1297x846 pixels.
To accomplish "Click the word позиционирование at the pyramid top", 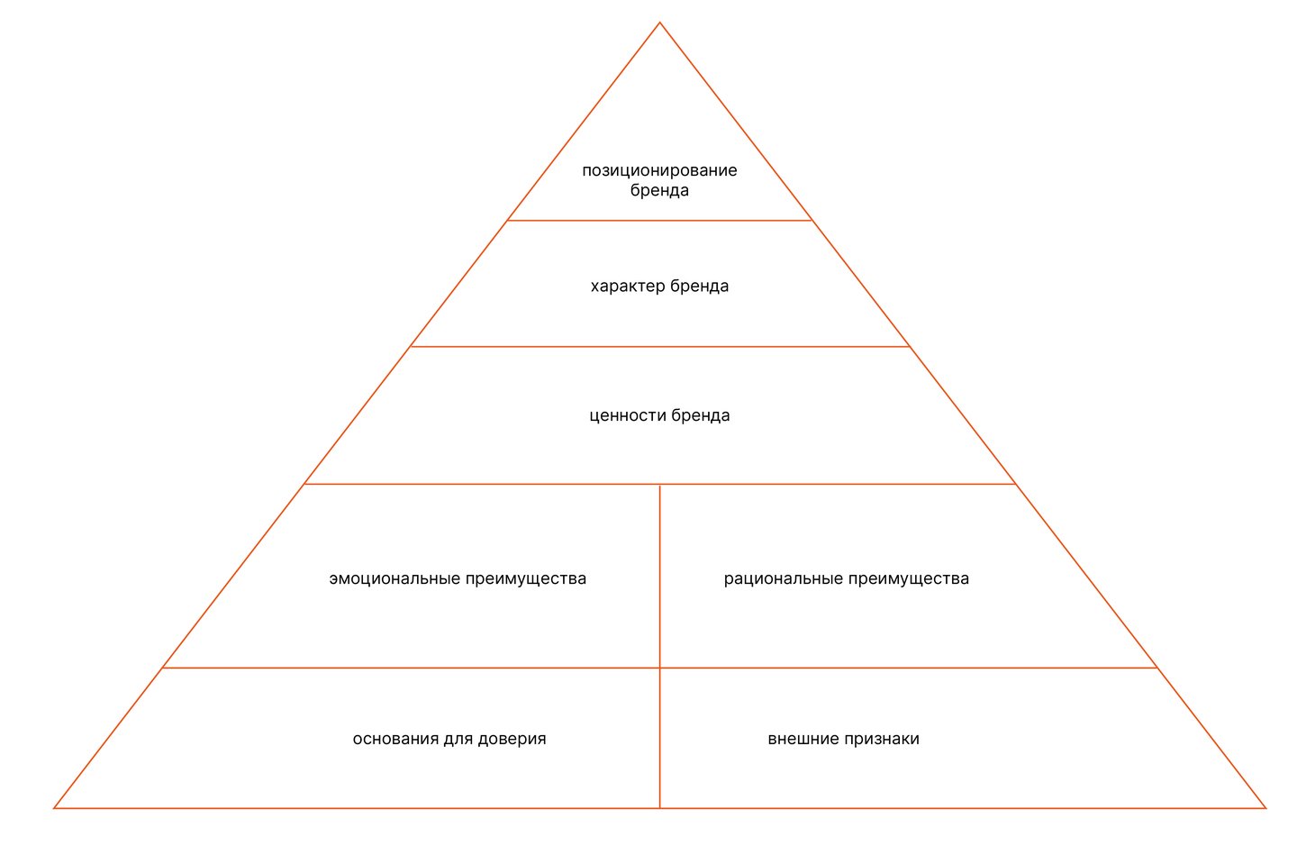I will [659, 170].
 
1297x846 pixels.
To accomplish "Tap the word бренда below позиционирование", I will [659, 191].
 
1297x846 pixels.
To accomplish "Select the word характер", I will [627, 287].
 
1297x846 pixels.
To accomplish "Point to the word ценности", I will [627, 416].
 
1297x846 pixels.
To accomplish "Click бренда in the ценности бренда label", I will [701, 416].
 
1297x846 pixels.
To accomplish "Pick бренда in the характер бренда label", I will [700, 287].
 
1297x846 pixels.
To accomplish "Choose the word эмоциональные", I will [393, 578].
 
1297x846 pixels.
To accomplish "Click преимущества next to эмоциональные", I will [526, 579].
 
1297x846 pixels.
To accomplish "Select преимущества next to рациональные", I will [909, 579].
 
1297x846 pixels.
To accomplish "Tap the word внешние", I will [803, 739].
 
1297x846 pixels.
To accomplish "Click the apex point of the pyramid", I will [659, 23].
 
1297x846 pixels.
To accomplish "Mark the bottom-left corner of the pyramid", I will [55, 808].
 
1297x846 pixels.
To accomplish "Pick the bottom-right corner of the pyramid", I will [1265, 808].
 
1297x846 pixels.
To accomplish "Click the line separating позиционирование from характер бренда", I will [659, 221].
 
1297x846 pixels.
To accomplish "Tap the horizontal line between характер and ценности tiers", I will [659, 347].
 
